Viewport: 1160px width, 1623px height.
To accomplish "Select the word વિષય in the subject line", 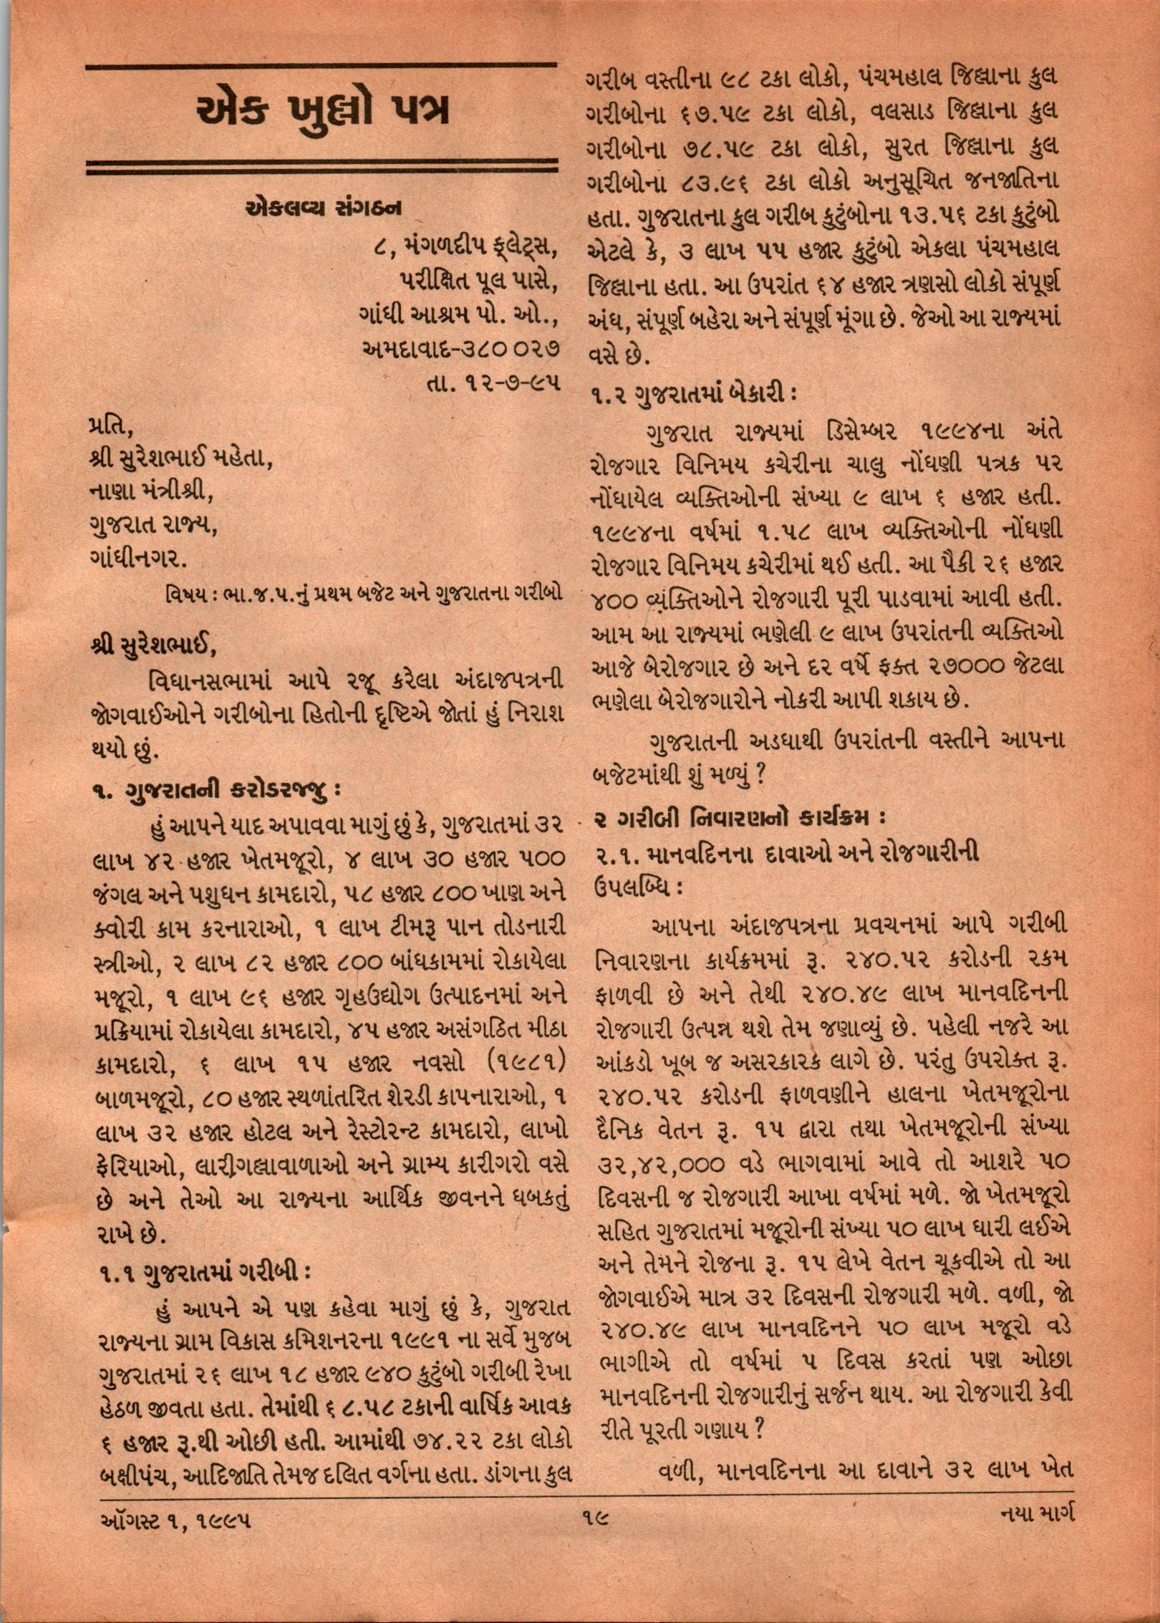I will pos(185,595).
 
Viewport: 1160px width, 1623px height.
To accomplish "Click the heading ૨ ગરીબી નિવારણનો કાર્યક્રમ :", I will pos(741,816).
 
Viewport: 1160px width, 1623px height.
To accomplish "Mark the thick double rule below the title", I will pos(322,168).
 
